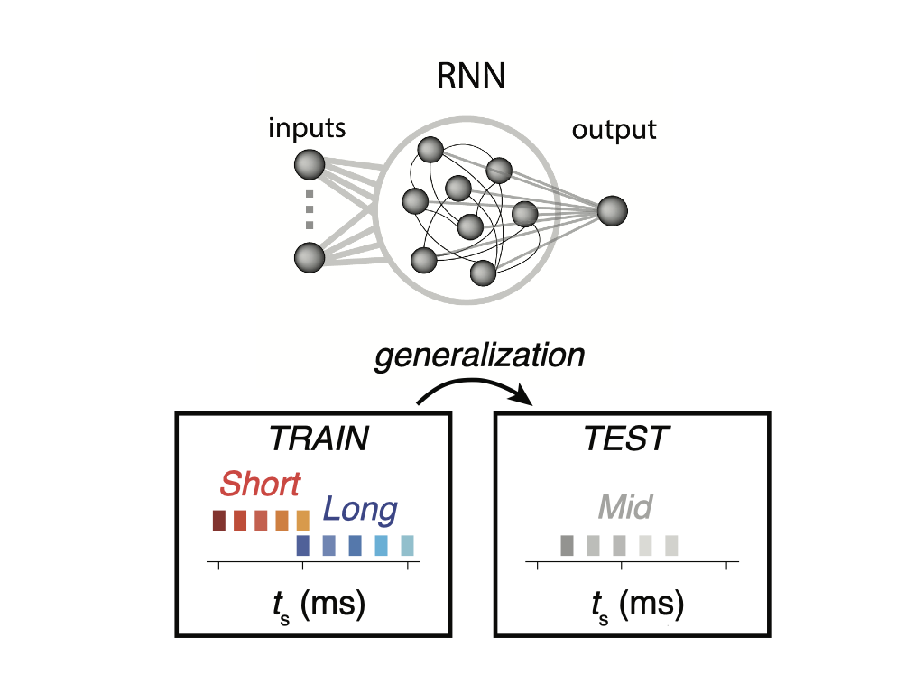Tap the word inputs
(307, 128)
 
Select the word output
(614, 130)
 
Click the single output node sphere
(611, 210)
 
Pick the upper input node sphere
(309, 165)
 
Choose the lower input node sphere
(309, 257)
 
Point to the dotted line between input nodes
(309, 209)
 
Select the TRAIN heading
(319, 439)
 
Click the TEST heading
(626, 439)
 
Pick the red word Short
(260, 485)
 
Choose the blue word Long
(360, 511)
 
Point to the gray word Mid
(624, 508)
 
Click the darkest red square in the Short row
(218, 521)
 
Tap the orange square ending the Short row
(302, 521)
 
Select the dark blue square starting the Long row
(302, 546)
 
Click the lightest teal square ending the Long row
(407, 546)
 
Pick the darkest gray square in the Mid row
(567, 546)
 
